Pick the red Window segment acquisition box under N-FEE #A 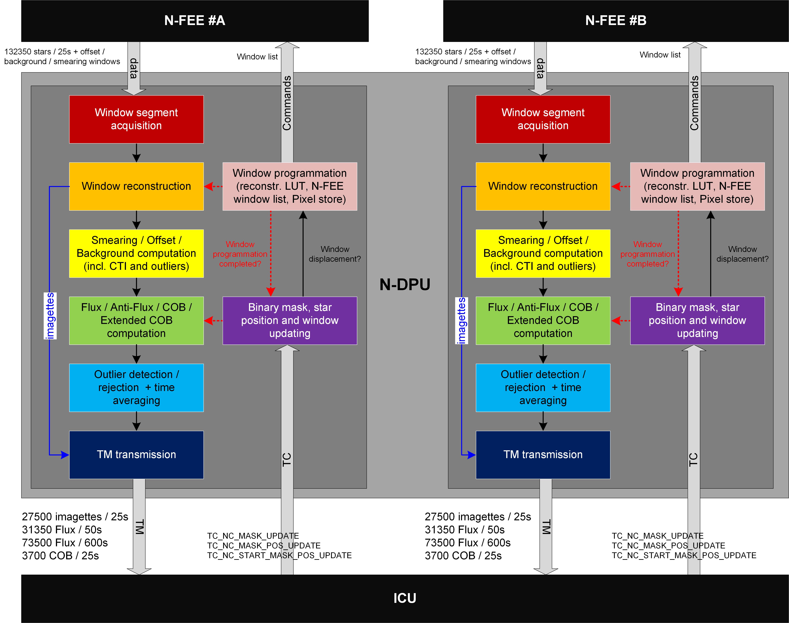[x=136, y=119]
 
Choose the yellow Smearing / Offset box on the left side [x=136, y=253]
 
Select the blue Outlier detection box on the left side [x=136, y=387]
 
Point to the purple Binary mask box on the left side [x=290, y=320]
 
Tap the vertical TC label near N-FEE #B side [x=693, y=460]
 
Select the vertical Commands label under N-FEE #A [x=287, y=103]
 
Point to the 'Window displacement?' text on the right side [x=742, y=254]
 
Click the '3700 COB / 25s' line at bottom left [x=60, y=556]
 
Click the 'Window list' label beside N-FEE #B [x=660, y=55]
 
